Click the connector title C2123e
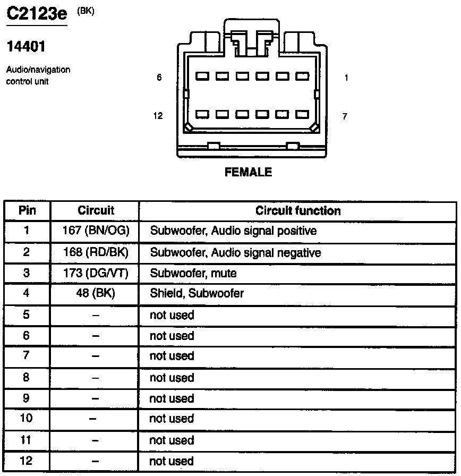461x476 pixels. (36, 13)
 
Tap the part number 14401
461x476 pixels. (25, 47)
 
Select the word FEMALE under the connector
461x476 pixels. (248, 172)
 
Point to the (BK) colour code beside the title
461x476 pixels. (86, 10)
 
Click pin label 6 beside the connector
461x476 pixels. (159, 78)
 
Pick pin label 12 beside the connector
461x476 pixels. (158, 116)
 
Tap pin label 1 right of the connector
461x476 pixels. (346, 78)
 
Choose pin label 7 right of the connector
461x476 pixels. (345, 116)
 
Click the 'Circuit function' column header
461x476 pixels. (298, 210)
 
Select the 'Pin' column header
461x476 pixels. (27, 210)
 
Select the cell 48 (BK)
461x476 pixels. (96, 293)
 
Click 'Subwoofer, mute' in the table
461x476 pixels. (193, 274)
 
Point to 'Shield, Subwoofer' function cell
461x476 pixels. (197, 293)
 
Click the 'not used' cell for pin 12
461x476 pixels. (172, 461)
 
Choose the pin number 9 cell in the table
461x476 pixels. (27, 398)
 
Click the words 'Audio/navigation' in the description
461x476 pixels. (38, 70)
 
